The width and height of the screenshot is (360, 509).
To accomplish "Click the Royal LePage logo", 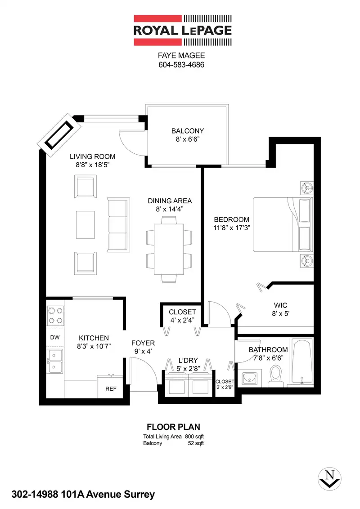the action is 183,30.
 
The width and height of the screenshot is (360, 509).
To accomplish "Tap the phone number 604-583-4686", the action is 181,65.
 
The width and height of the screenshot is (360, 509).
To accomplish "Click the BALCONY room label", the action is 188,131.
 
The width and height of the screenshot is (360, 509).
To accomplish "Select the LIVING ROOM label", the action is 93,156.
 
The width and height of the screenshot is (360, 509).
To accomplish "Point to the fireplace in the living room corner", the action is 59,135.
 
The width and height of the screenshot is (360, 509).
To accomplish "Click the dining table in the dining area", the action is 169,249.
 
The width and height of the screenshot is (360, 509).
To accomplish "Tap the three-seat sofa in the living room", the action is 119,224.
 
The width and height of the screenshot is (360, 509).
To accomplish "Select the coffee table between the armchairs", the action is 85,225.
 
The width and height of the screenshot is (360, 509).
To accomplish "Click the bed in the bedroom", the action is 283,224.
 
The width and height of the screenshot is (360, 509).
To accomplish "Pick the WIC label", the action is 280,305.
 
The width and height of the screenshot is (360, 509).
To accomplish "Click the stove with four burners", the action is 55,316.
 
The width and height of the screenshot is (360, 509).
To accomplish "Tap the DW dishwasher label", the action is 55,337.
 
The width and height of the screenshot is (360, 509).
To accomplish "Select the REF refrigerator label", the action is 111,388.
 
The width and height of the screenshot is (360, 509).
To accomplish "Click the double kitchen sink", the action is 55,362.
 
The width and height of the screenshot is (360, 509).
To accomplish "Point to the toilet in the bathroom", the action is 276,376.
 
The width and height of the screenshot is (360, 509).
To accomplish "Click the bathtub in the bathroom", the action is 302,362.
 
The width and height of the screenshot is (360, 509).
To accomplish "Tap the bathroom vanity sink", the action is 250,378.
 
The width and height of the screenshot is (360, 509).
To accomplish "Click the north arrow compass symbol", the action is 329,479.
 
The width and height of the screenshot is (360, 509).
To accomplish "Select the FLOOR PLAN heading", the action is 174,427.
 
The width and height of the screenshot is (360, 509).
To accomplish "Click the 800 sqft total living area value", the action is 194,437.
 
